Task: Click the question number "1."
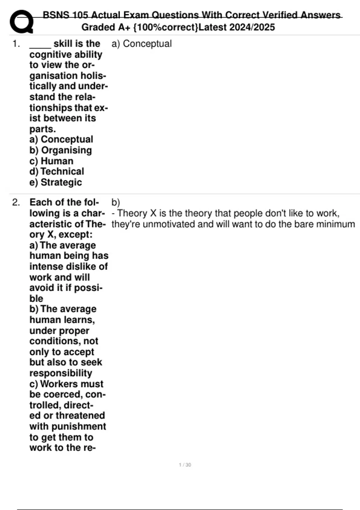(x=16, y=44)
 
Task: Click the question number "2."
(x=16, y=202)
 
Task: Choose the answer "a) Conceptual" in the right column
(x=142, y=44)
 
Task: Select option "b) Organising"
(x=61, y=150)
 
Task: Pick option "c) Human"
(x=51, y=161)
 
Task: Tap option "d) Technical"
(x=57, y=171)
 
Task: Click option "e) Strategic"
(x=55, y=182)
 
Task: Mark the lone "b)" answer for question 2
(x=115, y=202)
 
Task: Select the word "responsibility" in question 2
(x=61, y=373)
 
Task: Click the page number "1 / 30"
(x=185, y=465)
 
